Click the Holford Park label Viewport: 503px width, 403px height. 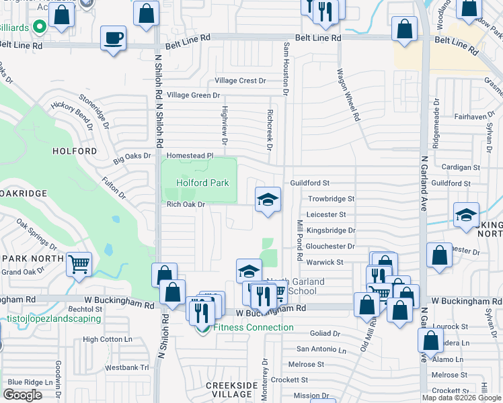coord(202,183)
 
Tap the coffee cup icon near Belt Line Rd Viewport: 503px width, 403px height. coord(113,38)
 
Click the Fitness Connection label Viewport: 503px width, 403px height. coord(253,328)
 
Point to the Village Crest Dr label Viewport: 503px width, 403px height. coord(240,81)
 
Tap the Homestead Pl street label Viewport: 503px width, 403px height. coord(190,156)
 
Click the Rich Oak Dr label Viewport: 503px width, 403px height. coord(185,204)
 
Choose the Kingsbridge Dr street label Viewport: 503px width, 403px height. coord(330,230)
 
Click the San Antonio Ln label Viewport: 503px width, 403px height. coord(321,349)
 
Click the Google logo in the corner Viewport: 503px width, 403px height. coord(22,395)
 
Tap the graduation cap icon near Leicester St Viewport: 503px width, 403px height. coord(268,199)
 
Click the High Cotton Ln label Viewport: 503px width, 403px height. coord(108,340)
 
